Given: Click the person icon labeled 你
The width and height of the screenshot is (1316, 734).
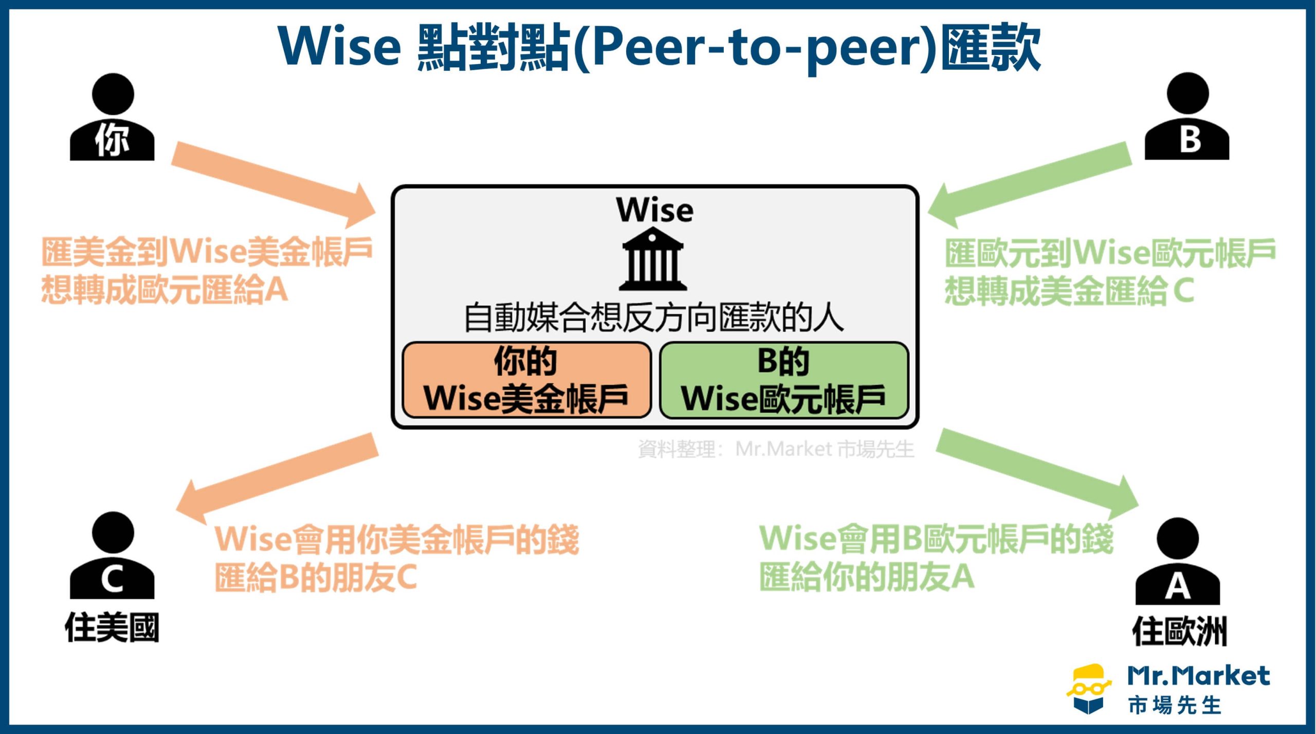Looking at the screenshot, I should pos(112,118).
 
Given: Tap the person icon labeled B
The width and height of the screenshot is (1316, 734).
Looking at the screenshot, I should pos(1186,118).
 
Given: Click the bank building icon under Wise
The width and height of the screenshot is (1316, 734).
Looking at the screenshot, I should pos(653,259).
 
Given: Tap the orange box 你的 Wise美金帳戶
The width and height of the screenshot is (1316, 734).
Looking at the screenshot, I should pos(526,380).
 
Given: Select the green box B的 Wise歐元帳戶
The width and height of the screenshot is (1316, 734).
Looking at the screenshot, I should pos(783,380).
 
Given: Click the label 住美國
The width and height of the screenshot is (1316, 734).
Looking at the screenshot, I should pos(112,628).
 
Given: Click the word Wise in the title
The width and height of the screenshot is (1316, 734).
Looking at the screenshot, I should pos(339,46).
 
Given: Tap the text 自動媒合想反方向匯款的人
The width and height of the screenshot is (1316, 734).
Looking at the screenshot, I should pos(653,317).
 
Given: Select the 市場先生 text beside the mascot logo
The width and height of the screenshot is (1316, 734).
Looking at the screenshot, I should pos(1175,706).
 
